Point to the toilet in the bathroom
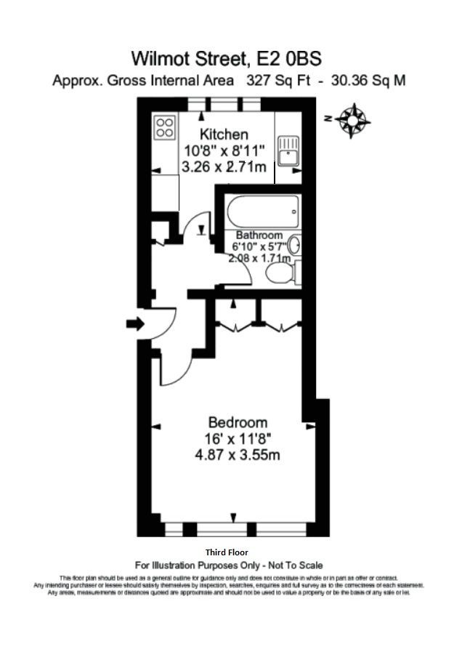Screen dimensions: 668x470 point(279,274)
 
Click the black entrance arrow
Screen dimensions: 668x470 point(135,323)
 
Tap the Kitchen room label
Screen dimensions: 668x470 point(224,134)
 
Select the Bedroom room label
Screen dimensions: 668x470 point(238,422)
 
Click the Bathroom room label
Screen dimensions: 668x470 point(259,236)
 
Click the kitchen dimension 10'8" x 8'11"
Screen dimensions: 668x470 point(224,151)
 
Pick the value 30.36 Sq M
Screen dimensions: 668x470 point(368,81)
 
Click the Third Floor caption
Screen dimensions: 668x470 point(227,552)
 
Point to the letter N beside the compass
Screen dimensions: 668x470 point(329,118)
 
